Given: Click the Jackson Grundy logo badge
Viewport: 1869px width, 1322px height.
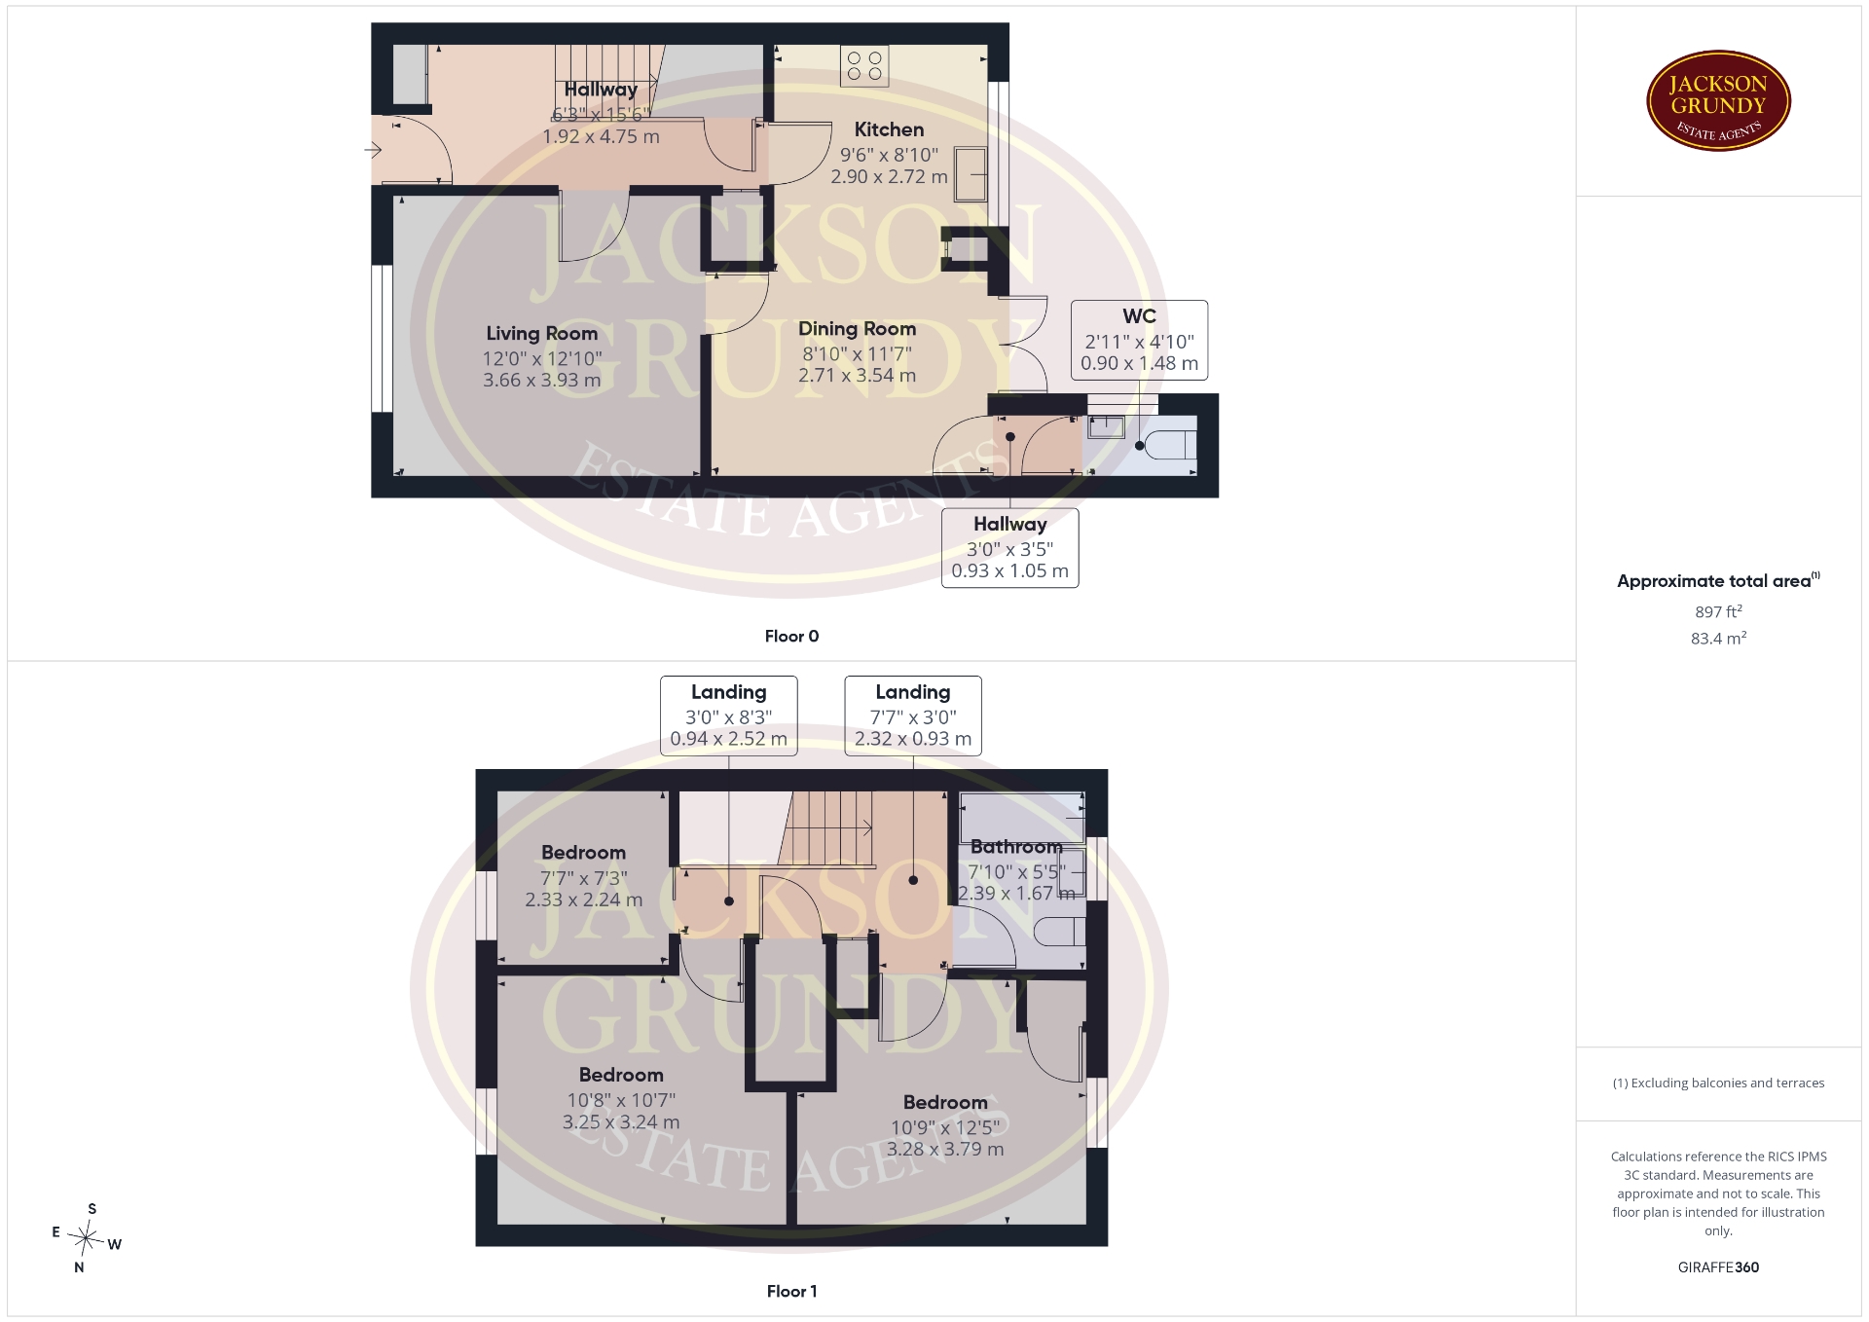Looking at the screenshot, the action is pyautogui.click(x=1718, y=101).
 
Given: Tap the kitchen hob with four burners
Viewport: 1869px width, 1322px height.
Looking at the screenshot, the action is pyautogui.click(x=864, y=66).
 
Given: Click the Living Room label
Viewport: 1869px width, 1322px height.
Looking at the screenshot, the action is pyautogui.click(x=542, y=334).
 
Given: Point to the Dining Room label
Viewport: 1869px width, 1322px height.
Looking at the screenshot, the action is pyautogui.click(x=857, y=329).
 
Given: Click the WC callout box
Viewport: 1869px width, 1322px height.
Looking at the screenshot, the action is pyautogui.click(x=1139, y=340).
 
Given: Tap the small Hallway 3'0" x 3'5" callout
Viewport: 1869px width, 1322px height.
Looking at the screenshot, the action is pyautogui.click(x=1009, y=548).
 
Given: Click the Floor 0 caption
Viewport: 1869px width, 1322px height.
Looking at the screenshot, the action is pyautogui.click(x=791, y=637).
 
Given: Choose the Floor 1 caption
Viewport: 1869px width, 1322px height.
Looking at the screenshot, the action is pyautogui.click(x=791, y=1292).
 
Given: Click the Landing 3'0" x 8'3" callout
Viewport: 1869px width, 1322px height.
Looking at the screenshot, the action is pyautogui.click(x=728, y=716).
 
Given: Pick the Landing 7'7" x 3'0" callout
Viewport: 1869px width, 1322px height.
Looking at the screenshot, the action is pyautogui.click(x=913, y=716).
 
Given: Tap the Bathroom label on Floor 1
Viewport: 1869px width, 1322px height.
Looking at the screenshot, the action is pyautogui.click(x=1015, y=847).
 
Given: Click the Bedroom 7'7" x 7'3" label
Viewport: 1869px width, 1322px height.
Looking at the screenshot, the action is pyautogui.click(x=583, y=876).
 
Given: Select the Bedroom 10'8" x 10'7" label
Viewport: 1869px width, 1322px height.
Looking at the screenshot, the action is pyautogui.click(x=621, y=1098).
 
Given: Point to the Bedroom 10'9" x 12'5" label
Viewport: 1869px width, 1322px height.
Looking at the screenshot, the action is pyautogui.click(x=945, y=1125).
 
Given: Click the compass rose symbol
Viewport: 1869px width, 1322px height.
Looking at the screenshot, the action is pyautogui.click(x=87, y=1238).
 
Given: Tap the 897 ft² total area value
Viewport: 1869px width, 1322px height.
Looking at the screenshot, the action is pyautogui.click(x=1718, y=612).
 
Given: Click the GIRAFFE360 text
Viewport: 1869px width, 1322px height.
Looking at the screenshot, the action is pyautogui.click(x=1718, y=1267).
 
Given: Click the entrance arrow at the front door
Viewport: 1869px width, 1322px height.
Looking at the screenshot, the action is pyautogui.click(x=373, y=150).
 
